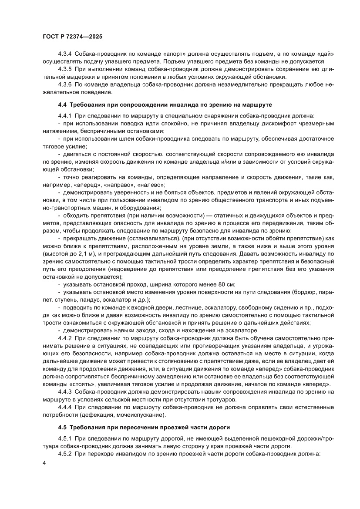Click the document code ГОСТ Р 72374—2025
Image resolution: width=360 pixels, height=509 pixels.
point(72,37)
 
